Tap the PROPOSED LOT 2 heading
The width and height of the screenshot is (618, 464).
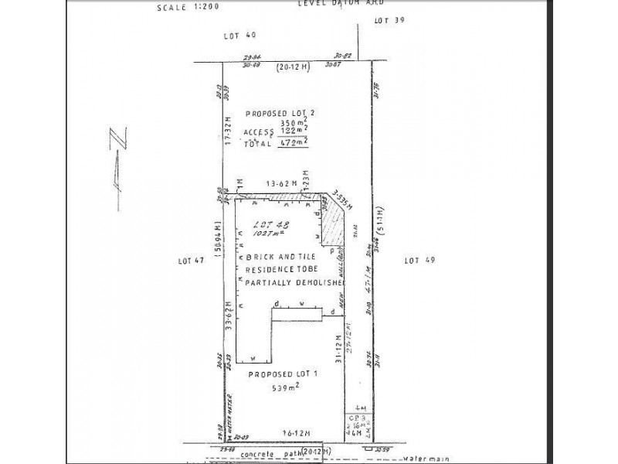[x=280, y=112]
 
